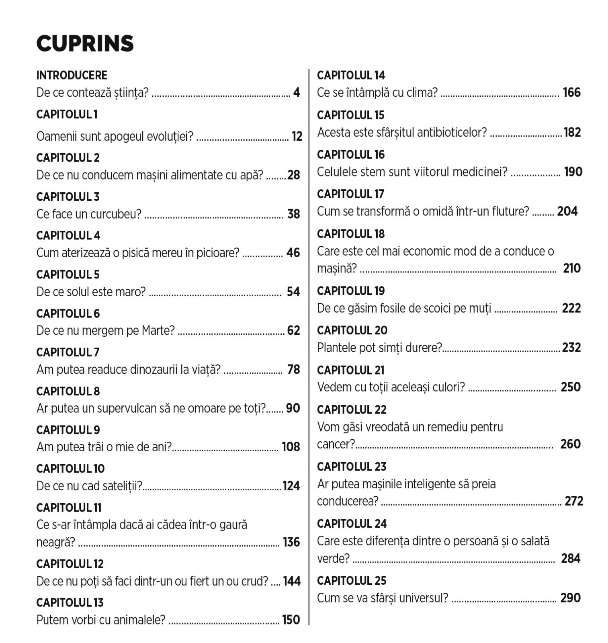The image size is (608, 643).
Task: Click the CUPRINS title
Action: click(85, 43)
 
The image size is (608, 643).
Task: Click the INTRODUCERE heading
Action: click(72, 75)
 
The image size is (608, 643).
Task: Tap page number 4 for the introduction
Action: click(297, 93)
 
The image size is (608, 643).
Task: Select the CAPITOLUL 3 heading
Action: click(68, 197)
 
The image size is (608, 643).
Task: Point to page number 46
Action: click(293, 253)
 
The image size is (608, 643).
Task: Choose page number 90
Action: click(293, 408)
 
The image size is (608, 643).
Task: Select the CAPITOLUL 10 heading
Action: click(70, 469)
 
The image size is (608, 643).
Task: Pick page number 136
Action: click(291, 542)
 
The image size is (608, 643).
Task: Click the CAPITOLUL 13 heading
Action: click(70, 602)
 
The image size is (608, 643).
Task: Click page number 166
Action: click(571, 93)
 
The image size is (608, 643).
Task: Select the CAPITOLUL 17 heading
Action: click(350, 194)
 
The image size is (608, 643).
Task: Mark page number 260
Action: click(570, 444)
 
